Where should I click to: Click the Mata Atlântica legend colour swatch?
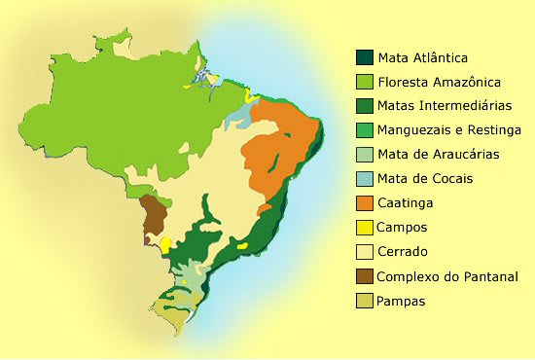(364, 57)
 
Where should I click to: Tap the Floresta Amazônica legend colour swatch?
(364, 82)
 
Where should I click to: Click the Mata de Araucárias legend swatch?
(364, 155)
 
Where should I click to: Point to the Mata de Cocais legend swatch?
(364, 179)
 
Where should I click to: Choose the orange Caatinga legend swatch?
(364, 203)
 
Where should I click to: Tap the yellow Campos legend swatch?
(364, 228)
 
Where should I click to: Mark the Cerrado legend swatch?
(364, 252)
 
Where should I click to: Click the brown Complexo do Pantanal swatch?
(364, 276)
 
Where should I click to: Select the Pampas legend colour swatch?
(364, 301)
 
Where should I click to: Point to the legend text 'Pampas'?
(403, 301)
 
